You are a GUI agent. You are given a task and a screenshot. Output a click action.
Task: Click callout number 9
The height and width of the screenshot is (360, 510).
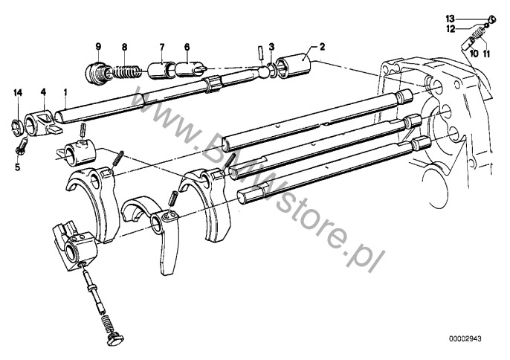tap(98, 47)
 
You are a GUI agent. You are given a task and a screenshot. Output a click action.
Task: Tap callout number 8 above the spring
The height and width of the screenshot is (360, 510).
tap(125, 47)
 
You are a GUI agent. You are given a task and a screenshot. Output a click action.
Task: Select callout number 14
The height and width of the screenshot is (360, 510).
tap(18, 93)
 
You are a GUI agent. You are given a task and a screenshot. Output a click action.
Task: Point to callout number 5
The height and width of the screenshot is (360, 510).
tap(17, 167)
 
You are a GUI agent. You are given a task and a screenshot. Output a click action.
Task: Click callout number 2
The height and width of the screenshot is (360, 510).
tap(322, 47)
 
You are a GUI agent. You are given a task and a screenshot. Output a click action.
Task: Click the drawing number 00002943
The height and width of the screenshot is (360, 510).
tap(465, 339)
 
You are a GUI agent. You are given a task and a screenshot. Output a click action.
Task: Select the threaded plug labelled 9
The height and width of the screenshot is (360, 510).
tap(96, 72)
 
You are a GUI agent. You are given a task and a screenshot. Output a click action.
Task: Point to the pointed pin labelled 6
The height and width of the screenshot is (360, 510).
tap(190, 69)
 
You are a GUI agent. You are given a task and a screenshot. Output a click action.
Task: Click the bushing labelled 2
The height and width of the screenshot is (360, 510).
tap(293, 65)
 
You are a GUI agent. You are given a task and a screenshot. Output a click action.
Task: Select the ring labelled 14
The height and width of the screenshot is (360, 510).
tap(17, 127)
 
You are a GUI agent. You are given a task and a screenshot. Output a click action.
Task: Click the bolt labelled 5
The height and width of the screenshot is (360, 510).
tap(22, 146)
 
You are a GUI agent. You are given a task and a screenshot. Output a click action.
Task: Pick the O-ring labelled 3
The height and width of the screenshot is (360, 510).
tap(273, 71)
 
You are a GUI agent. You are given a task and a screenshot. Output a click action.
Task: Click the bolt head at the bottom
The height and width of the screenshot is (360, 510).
tap(115, 338)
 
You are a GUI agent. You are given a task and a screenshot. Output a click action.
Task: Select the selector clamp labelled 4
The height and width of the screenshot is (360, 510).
tap(42, 123)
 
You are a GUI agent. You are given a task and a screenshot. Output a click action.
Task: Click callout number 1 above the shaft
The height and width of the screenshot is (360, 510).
tap(65, 93)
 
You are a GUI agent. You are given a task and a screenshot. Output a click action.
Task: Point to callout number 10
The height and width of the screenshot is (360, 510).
tap(474, 54)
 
